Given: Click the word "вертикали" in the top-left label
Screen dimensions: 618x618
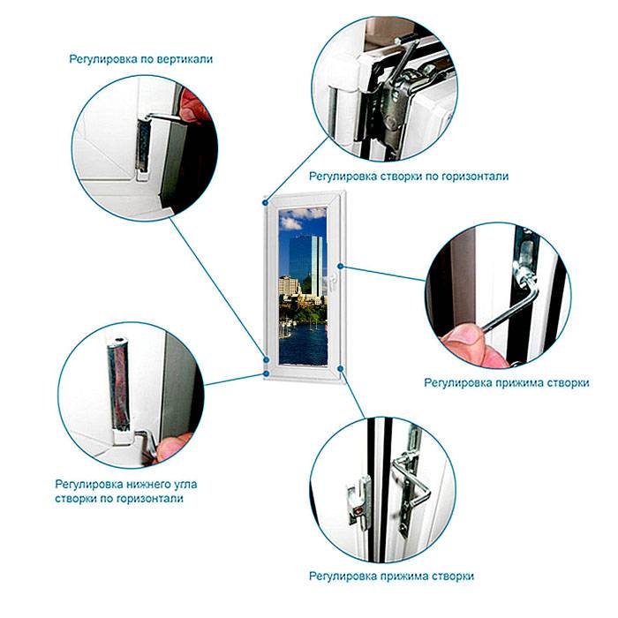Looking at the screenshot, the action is point(185,59).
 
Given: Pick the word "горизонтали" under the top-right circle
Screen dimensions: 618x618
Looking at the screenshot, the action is point(475,177).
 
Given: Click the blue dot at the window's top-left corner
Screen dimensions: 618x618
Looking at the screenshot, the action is point(266,202).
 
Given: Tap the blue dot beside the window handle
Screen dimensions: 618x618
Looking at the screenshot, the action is point(341,267).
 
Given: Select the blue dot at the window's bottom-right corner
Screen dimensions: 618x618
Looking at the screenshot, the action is point(341,368).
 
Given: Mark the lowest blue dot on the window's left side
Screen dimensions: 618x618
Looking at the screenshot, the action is point(267,373).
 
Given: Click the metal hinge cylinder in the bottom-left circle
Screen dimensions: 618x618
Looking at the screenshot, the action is point(118,384).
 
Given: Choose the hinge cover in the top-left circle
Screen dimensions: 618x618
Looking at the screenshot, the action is point(143,147).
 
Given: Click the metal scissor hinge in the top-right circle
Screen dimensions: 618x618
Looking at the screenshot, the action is point(400,94).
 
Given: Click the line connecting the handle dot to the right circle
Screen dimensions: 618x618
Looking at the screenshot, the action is point(383,274).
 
